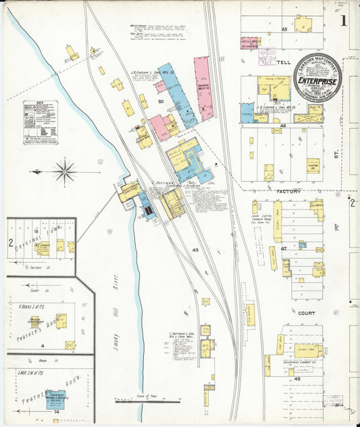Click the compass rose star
tap(65, 171)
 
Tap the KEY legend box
tap(40, 122)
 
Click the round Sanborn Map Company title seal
tap(317, 80)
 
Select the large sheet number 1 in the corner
tap(343, 20)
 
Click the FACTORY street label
tap(287, 193)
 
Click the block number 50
tap(161, 101)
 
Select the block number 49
tap(195, 250)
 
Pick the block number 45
tap(284, 29)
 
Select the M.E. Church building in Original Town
tap(43, 249)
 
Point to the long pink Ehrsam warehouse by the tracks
tap(203, 88)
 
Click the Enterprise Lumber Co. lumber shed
tap(308, 351)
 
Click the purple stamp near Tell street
tap(266, 55)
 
